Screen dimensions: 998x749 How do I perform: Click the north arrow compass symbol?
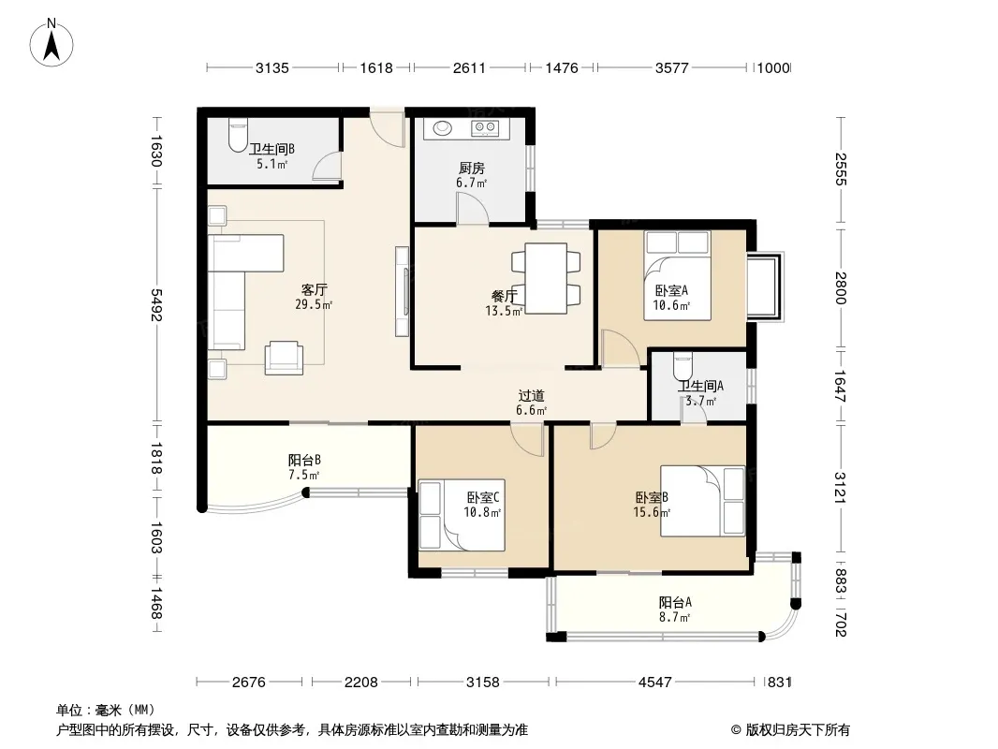pos(51,43)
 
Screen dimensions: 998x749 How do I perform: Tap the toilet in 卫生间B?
pos(237,136)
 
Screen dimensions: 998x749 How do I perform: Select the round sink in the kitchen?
pos(443,128)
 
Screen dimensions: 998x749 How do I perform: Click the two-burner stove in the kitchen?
pos(484,128)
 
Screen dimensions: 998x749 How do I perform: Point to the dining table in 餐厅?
pos(546,278)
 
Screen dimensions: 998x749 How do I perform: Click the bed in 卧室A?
pos(677,275)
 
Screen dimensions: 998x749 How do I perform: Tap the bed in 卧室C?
pos(462,515)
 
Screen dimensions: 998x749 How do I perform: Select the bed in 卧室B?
pos(702,501)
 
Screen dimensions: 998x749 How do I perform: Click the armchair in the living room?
pos(284,358)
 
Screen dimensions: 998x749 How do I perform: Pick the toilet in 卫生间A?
pos(682,366)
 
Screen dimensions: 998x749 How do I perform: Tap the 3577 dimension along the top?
pos(672,68)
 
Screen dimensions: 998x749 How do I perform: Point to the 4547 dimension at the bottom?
pos(655,683)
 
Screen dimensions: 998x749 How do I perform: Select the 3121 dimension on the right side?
pos(840,488)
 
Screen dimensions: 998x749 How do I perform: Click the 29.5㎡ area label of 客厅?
pos(313,304)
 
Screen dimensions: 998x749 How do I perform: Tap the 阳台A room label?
pos(675,602)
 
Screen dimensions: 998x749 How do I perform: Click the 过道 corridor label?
pos(531,396)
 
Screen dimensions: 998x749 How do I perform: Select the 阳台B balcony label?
pos(304,460)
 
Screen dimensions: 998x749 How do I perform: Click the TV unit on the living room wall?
pos(403,291)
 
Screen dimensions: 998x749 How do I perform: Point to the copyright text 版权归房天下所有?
pos(798,730)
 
